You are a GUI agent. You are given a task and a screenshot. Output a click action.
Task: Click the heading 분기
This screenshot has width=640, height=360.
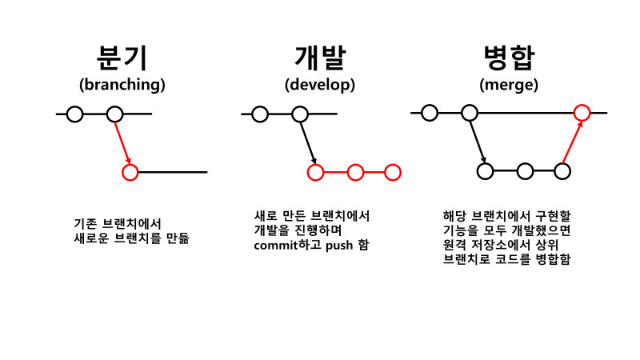coord(122,58)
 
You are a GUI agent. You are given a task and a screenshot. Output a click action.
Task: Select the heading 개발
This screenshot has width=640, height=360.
coord(319,58)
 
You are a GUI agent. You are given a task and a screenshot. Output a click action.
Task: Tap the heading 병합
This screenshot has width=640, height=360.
coord(509,58)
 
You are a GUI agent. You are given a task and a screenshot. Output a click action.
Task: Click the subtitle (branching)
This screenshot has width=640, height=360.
coord(122,84)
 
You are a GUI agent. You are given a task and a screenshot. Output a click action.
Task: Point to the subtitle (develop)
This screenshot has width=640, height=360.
coord(319,84)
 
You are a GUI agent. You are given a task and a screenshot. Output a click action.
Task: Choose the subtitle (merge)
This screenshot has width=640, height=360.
coord(509,84)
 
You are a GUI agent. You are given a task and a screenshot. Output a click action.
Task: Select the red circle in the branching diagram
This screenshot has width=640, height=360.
coord(130,171)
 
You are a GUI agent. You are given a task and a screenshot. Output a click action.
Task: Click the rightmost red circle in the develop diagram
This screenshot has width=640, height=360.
coord(393,172)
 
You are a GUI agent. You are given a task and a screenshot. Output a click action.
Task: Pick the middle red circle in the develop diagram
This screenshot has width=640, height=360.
coord(355,172)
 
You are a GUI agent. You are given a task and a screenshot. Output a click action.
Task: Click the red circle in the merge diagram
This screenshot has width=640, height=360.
coord(582,113)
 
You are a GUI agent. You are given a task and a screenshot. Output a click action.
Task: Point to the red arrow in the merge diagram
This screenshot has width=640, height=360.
coord(572,142)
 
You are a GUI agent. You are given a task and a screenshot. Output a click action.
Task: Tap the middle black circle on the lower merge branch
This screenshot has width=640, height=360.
coord(525,170)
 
